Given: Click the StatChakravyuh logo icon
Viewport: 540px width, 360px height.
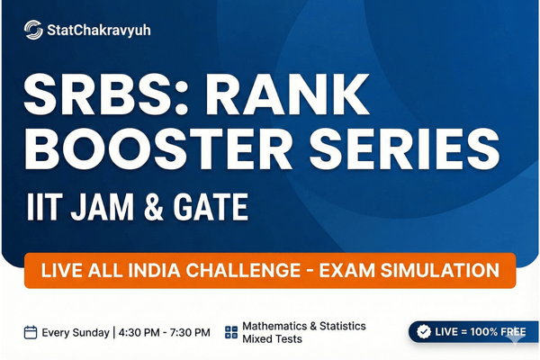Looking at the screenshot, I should tap(33, 30).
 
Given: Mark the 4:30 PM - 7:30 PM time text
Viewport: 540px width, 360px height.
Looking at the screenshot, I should tap(166, 332).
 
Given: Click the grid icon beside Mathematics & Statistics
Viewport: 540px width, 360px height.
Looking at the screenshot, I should tap(231, 332).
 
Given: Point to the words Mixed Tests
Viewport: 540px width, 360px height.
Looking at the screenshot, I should tap(273, 340).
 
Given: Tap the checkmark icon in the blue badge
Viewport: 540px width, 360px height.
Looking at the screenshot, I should tap(426, 332).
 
